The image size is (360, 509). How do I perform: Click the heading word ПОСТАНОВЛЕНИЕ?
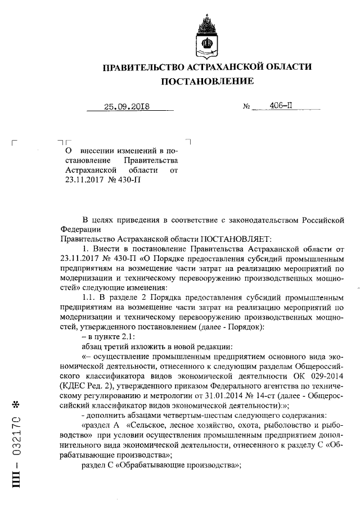tap(207, 82)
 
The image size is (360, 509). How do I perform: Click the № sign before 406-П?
tap(246, 106)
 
